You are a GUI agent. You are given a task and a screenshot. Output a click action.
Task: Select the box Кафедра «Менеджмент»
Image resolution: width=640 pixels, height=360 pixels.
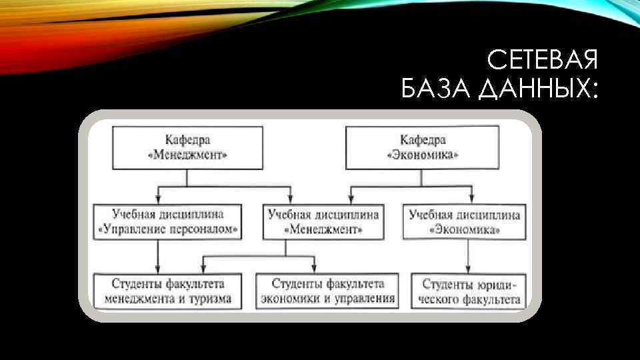point(187,147)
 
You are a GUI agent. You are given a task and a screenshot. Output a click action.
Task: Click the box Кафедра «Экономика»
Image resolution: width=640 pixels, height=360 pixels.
point(422,147)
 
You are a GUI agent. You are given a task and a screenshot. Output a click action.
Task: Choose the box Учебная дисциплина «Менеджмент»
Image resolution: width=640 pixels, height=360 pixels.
point(323,222)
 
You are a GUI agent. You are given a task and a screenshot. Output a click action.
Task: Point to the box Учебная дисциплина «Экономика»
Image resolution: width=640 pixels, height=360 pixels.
point(465,222)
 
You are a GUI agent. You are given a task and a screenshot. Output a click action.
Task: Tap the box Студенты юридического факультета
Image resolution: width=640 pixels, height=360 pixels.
point(467,291)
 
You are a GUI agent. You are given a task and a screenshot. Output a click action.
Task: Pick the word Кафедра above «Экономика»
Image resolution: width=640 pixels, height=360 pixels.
point(422,139)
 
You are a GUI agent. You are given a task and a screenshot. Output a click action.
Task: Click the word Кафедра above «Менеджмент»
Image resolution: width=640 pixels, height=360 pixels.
point(187,139)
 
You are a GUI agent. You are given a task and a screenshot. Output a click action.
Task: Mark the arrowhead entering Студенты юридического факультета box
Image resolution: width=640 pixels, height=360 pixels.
point(467,269)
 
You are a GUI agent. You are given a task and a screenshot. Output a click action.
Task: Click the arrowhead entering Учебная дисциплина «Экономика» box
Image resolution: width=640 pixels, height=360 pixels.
point(471,199)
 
